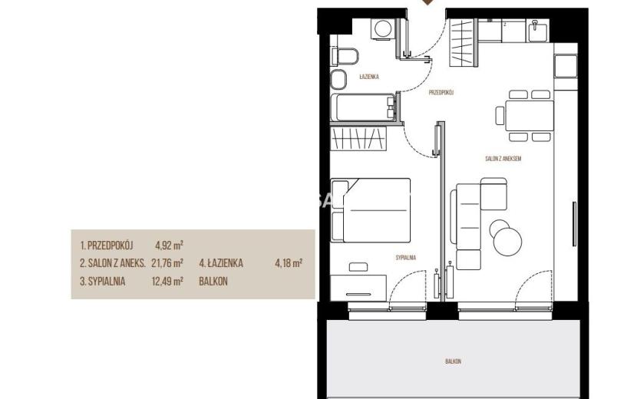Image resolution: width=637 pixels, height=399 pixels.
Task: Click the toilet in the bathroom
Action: pos(345,57)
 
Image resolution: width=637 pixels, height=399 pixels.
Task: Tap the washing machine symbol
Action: pos(383,29)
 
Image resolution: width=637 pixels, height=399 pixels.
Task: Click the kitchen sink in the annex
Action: pos(539,30)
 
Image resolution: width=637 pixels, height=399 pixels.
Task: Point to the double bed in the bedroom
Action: pos(371,209)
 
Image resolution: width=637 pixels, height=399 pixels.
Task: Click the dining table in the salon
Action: pos(530,115)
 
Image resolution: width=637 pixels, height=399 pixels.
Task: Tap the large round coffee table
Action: pos(508,242)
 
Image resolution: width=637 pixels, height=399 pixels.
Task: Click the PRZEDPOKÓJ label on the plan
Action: pos(441,93)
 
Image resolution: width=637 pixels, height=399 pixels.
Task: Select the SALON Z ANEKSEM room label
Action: pos(503,159)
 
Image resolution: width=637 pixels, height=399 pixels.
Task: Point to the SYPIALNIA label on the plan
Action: pos(406,258)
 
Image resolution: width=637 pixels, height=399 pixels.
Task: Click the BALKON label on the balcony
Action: pos(453,361)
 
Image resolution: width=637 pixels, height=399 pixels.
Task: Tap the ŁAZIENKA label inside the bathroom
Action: pos(369,77)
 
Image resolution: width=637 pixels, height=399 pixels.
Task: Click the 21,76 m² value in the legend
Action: pos(167,263)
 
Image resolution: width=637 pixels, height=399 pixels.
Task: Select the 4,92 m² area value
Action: pos(169,246)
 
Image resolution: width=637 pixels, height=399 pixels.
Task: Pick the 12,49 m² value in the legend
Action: pos(167,281)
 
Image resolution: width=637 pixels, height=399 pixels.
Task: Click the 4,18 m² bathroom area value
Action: pos(289,263)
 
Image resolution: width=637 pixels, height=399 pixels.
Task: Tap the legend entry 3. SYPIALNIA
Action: pos(102,281)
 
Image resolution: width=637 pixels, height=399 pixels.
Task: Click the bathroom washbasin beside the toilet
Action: pos(338,80)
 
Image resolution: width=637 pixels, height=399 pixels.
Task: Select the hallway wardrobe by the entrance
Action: pos(463,43)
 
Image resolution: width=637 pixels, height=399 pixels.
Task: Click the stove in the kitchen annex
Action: pos(566,66)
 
